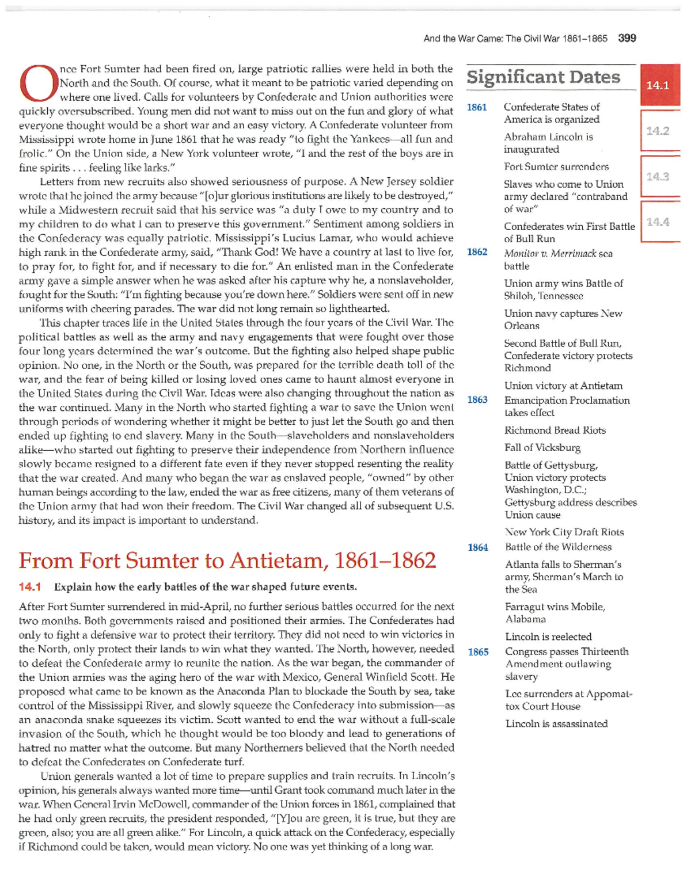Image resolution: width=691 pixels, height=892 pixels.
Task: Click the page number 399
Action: pos(627,39)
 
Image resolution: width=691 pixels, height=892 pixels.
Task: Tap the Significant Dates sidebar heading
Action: pos(543,77)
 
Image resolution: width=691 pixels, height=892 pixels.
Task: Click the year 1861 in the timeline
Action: pos(477,108)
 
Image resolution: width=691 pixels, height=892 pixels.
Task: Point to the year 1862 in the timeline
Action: pos(477,252)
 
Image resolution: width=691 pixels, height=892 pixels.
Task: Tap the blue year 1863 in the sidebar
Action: pos(477,400)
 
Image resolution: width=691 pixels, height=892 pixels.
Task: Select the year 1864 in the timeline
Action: pos(478,547)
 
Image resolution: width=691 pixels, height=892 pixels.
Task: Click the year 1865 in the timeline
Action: pos(478,652)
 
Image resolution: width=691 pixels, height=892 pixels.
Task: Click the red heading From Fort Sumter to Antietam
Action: pos(227,561)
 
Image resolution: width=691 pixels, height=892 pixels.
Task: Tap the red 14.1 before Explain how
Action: pos(30,587)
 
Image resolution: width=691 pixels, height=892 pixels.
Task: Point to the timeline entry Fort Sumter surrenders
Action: pos(556,167)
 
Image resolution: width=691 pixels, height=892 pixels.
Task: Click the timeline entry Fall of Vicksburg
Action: pos(542,448)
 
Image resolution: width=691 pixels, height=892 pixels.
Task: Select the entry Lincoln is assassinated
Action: pos(556,724)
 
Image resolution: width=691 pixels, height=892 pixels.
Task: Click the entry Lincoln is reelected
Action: pos(548,637)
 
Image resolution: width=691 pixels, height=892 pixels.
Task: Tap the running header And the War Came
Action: pos(515,39)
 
